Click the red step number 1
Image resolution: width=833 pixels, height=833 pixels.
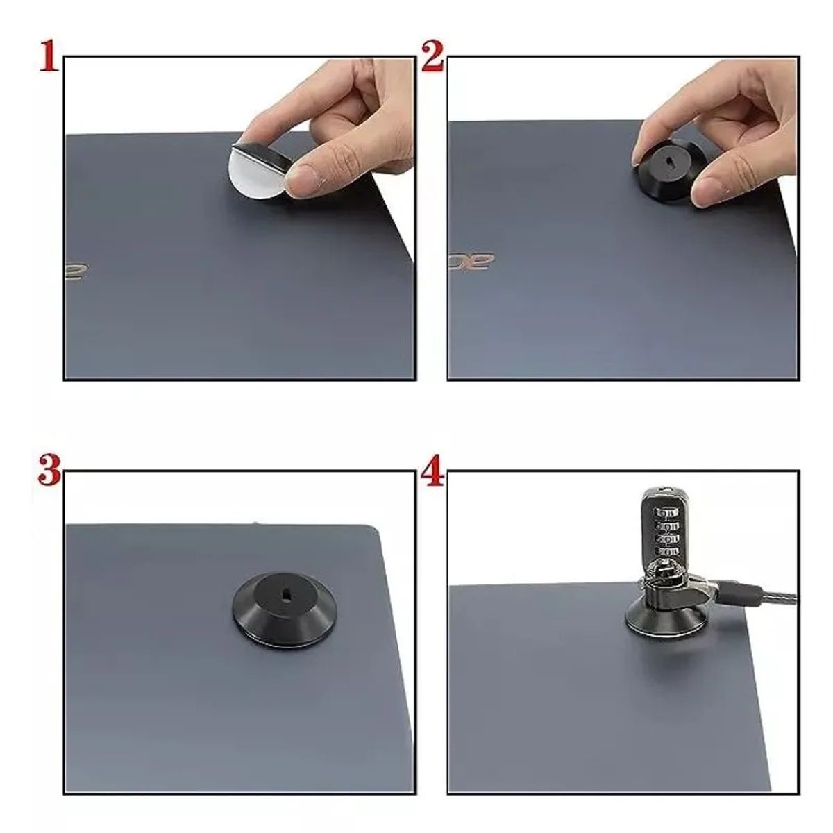[47, 56]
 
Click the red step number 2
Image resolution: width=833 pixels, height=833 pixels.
[432, 56]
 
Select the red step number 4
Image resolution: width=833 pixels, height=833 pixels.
[432, 471]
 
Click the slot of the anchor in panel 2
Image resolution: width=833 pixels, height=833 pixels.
[670, 161]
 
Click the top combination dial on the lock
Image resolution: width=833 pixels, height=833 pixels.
[666, 513]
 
